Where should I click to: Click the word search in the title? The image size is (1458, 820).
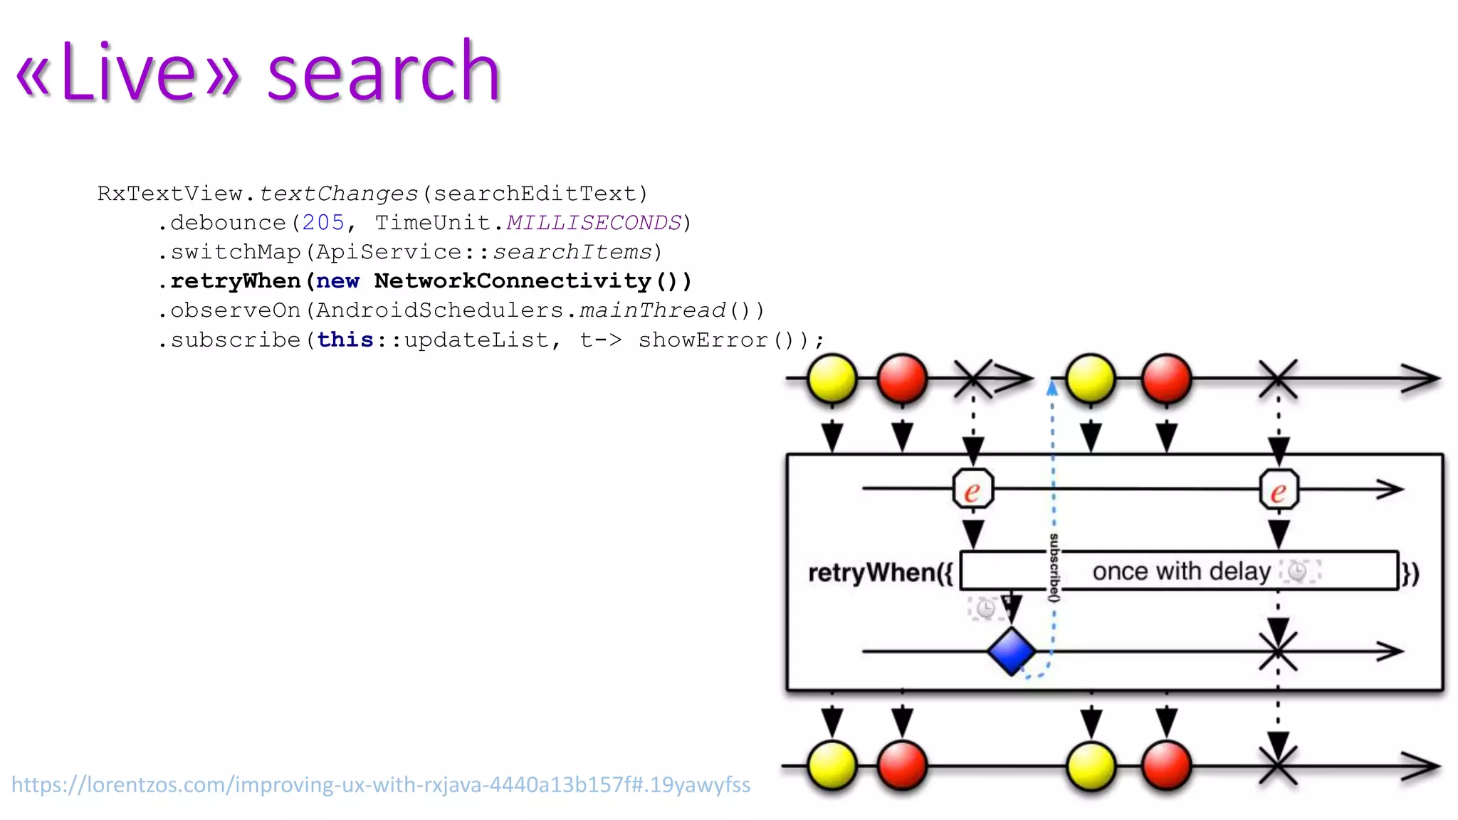(x=384, y=73)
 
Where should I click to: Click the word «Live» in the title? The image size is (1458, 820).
(x=128, y=73)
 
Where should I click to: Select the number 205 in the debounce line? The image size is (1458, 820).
(x=323, y=223)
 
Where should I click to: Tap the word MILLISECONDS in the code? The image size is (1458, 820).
(x=594, y=223)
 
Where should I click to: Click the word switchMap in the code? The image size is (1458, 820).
(x=236, y=252)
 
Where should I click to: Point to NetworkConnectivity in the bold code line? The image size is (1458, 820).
(x=513, y=281)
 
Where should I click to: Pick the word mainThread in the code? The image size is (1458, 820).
(x=652, y=310)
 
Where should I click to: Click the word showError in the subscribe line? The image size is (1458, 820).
(x=703, y=340)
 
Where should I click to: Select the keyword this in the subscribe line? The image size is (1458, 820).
(x=345, y=340)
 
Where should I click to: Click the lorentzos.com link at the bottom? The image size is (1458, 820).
(x=381, y=784)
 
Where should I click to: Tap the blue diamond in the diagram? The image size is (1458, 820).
(x=1011, y=651)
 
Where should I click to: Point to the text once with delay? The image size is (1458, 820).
(x=1182, y=571)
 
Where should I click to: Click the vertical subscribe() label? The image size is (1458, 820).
(x=1054, y=567)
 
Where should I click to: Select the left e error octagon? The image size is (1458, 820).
(x=973, y=490)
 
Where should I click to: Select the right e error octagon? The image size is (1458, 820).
(x=1279, y=490)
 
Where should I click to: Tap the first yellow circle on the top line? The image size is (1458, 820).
(x=832, y=379)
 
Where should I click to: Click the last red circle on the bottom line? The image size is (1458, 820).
(x=1166, y=766)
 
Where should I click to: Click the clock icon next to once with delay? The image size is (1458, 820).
(x=1299, y=571)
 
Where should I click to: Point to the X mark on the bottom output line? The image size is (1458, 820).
(x=1278, y=766)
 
